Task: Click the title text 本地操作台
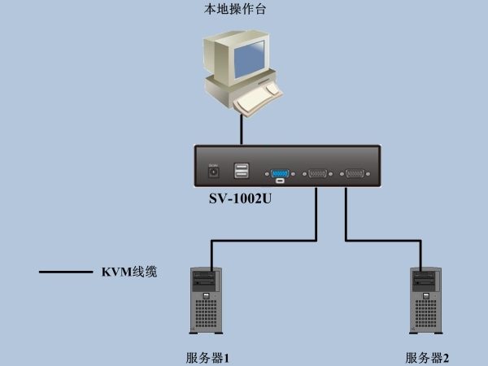(x=235, y=9)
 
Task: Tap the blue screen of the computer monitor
(x=250, y=59)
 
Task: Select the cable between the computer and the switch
(x=242, y=129)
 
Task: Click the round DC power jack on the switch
(x=213, y=172)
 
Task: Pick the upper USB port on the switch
(x=242, y=167)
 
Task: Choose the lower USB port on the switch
(x=242, y=174)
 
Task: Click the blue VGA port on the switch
(x=280, y=173)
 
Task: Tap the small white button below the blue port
(x=280, y=181)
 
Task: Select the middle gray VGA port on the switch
(x=317, y=173)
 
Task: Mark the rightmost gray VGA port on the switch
(x=355, y=173)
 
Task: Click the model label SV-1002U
(x=240, y=198)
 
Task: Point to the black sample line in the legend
(x=66, y=272)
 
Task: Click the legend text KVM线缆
(x=129, y=272)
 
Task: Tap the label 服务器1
(x=208, y=358)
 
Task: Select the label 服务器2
(x=427, y=358)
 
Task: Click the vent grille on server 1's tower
(x=206, y=314)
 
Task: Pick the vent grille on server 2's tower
(x=425, y=314)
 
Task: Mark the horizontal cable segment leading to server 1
(x=264, y=240)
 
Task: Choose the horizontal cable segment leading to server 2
(x=383, y=240)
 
